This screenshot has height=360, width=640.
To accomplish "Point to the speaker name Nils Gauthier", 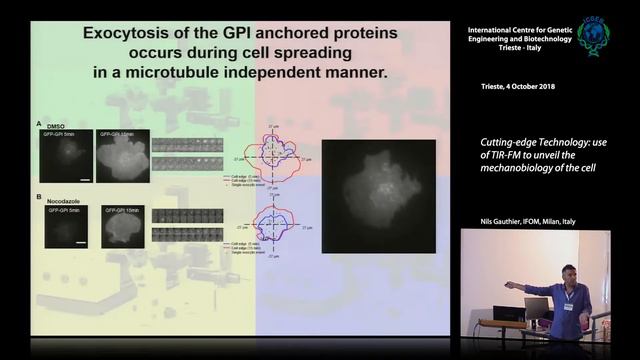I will [x=500, y=221].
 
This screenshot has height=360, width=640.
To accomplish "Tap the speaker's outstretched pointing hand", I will [x=509, y=285].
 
